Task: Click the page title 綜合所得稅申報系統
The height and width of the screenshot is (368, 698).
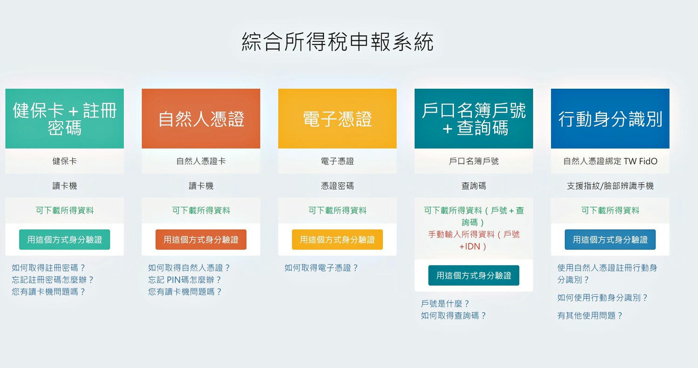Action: [337, 42]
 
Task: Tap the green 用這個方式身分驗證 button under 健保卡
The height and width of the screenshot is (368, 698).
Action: [65, 240]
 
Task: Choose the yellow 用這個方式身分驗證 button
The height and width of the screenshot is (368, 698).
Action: [337, 240]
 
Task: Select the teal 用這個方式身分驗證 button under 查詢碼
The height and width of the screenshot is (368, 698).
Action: [474, 275]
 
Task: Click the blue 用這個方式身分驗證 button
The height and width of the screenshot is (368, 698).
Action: [610, 240]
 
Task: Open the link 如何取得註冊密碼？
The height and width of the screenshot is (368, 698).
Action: [48, 268]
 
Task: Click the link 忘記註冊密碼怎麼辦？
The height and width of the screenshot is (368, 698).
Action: [53, 280]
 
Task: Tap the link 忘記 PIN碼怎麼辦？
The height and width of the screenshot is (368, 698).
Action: [185, 280]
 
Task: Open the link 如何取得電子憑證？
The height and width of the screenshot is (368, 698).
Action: [322, 268]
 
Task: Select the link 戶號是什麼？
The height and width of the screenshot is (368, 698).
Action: [445, 303]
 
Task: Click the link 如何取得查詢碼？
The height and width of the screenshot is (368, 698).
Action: [454, 315]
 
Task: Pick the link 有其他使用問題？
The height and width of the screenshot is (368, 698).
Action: [590, 315]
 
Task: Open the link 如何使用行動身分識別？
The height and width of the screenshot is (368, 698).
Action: [603, 298]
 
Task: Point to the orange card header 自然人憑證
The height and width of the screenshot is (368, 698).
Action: [201, 118]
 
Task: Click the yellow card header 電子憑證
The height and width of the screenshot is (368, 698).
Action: [337, 118]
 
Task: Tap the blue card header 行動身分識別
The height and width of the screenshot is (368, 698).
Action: [610, 118]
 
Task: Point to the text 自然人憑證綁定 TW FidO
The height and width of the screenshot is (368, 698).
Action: [610, 161]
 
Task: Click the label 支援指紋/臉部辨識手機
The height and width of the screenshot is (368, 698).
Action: [610, 186]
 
